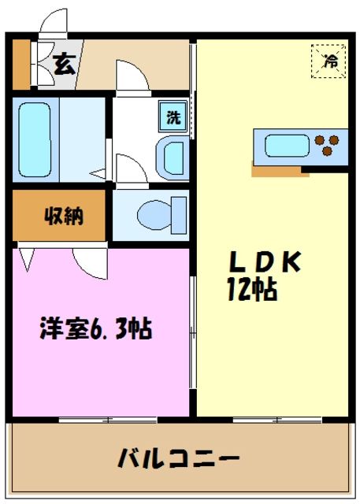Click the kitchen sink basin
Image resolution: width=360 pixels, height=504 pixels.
(288, 146)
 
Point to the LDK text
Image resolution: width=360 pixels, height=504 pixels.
(265, 262)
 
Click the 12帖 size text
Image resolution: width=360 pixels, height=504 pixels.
(252, 291)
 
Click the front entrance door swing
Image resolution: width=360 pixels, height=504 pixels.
(54, 24)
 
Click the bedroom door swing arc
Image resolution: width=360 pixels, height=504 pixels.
(86, 261)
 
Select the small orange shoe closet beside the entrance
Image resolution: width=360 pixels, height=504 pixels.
(20, 64)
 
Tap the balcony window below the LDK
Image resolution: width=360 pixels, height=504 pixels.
(273, 420)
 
